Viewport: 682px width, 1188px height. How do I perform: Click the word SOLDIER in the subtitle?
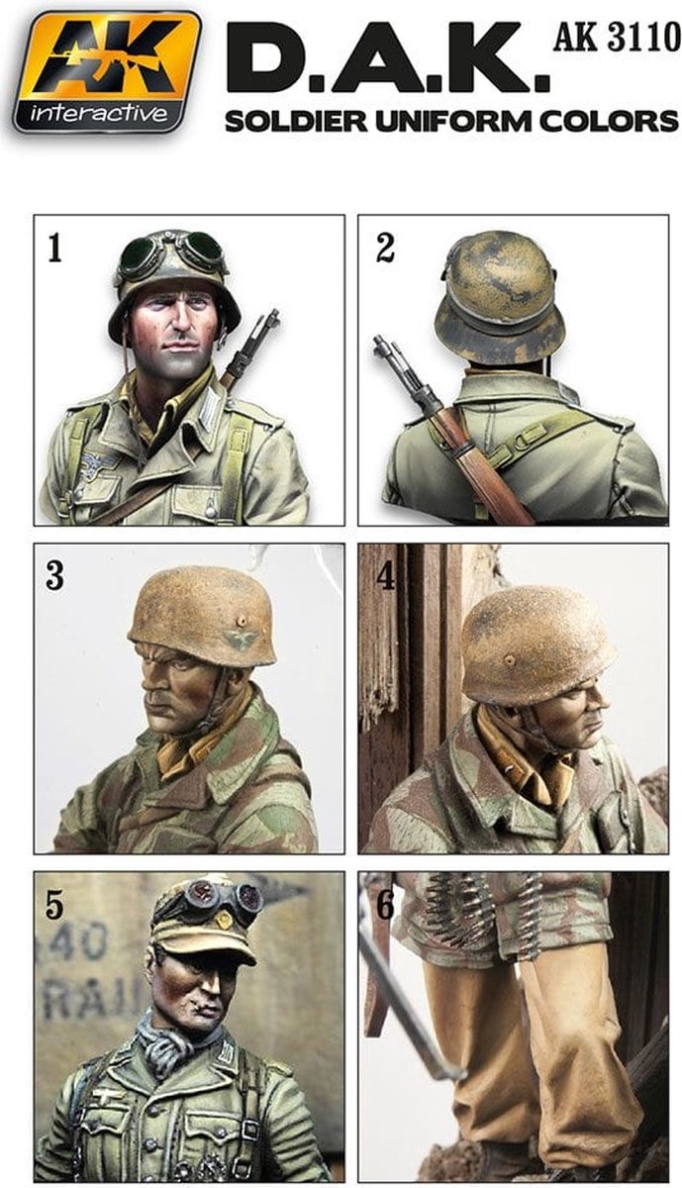coord(286,122)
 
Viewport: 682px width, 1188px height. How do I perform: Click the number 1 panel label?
coord(56,247)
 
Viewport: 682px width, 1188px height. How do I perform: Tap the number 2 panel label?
coord(385,247)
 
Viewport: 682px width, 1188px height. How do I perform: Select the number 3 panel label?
coord(56,575)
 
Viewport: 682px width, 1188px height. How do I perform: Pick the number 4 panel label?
coord(386,576)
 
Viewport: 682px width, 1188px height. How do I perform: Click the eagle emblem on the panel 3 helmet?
coord(241,640)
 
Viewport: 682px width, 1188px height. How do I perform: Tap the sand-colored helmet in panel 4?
coord(535,643)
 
